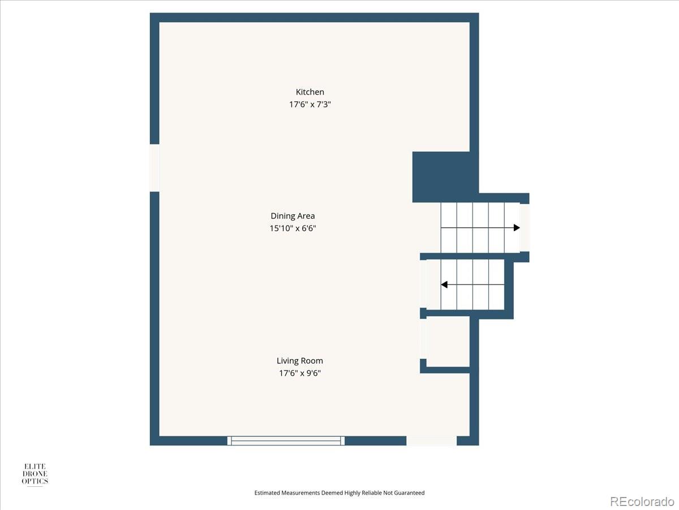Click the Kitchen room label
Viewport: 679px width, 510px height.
(310, 92)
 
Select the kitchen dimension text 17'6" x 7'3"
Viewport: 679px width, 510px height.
(310, 104)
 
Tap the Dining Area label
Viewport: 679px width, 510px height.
(293, 216)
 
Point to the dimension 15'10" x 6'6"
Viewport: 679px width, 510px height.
(293, 228)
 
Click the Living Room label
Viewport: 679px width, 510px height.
(300, 360)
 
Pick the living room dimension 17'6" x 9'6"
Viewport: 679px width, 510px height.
(300, 373)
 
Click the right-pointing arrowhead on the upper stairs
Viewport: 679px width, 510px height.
(516, 228)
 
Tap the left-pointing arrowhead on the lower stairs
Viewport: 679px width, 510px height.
(445, 284)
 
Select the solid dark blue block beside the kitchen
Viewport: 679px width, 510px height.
(441, 176)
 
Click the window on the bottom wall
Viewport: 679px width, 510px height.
(286, 440)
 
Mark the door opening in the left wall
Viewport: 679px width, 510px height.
(154, 168)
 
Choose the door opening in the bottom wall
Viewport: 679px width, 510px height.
(431, 440)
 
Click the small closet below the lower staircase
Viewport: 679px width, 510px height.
(448, 341)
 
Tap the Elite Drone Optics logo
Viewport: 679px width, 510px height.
(35, 474)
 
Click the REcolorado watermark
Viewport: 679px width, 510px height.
(642, 501)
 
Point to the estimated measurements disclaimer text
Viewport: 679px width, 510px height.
(339, 493)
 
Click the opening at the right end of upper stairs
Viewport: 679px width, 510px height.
(525, 228)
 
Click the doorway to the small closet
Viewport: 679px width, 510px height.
(423, 338)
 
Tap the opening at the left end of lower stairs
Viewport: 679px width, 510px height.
(423, 284)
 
